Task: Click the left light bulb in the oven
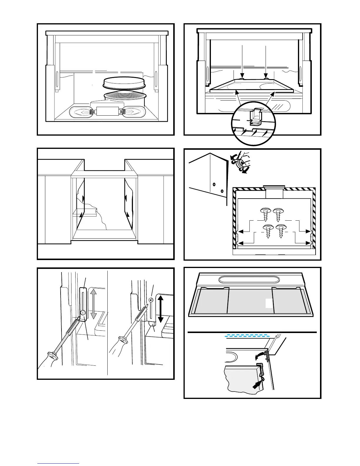[x=80, y=112]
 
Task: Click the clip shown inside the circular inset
[x=254, y=118]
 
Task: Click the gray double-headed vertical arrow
[x=93, y=304]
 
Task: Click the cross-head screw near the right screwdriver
[x=151, y=300]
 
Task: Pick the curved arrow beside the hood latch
[x=260, y=356]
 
